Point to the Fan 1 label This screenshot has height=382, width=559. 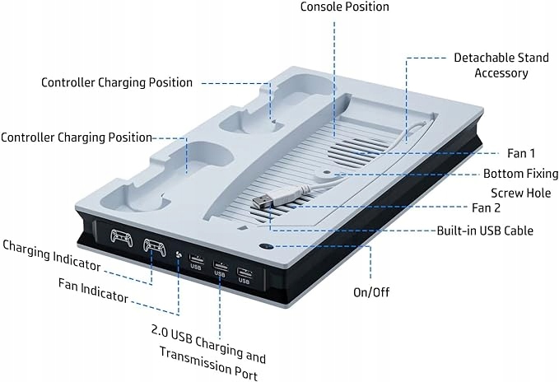520,153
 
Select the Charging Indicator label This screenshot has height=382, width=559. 52,255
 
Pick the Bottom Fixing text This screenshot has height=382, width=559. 520,174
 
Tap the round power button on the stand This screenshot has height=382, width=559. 268,245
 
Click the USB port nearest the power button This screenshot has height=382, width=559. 244,271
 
